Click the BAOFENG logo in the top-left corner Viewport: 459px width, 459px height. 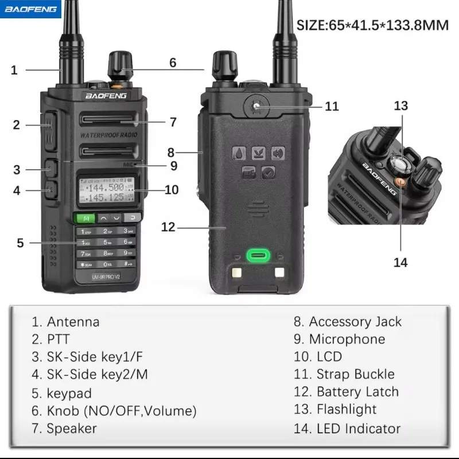pos(30,9)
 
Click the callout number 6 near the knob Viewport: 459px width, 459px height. pos(173,63)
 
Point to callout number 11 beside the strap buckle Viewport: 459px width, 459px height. pos(332,106)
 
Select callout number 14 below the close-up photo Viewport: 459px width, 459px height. pos(400,262)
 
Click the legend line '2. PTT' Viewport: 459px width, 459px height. pos(59,340)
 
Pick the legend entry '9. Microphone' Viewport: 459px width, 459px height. pos(339,339)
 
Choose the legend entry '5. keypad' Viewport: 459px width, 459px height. pos(62,394)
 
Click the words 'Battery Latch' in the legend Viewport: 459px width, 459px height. pos(357,392)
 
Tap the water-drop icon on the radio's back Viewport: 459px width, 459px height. pos(239,153)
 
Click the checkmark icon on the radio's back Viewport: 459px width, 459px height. pos(269,172)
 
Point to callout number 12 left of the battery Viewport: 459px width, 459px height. pos(168,227)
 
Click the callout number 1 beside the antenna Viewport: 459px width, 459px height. pos(14,71)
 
